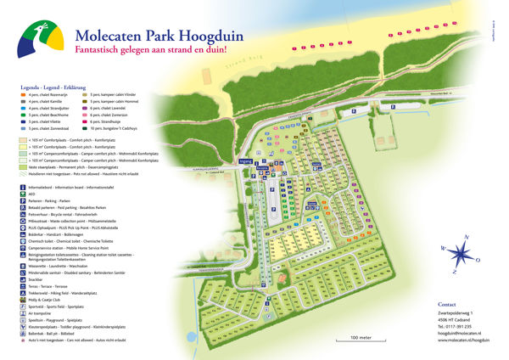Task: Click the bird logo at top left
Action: click(42, 40)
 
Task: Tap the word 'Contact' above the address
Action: click(446, 304)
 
